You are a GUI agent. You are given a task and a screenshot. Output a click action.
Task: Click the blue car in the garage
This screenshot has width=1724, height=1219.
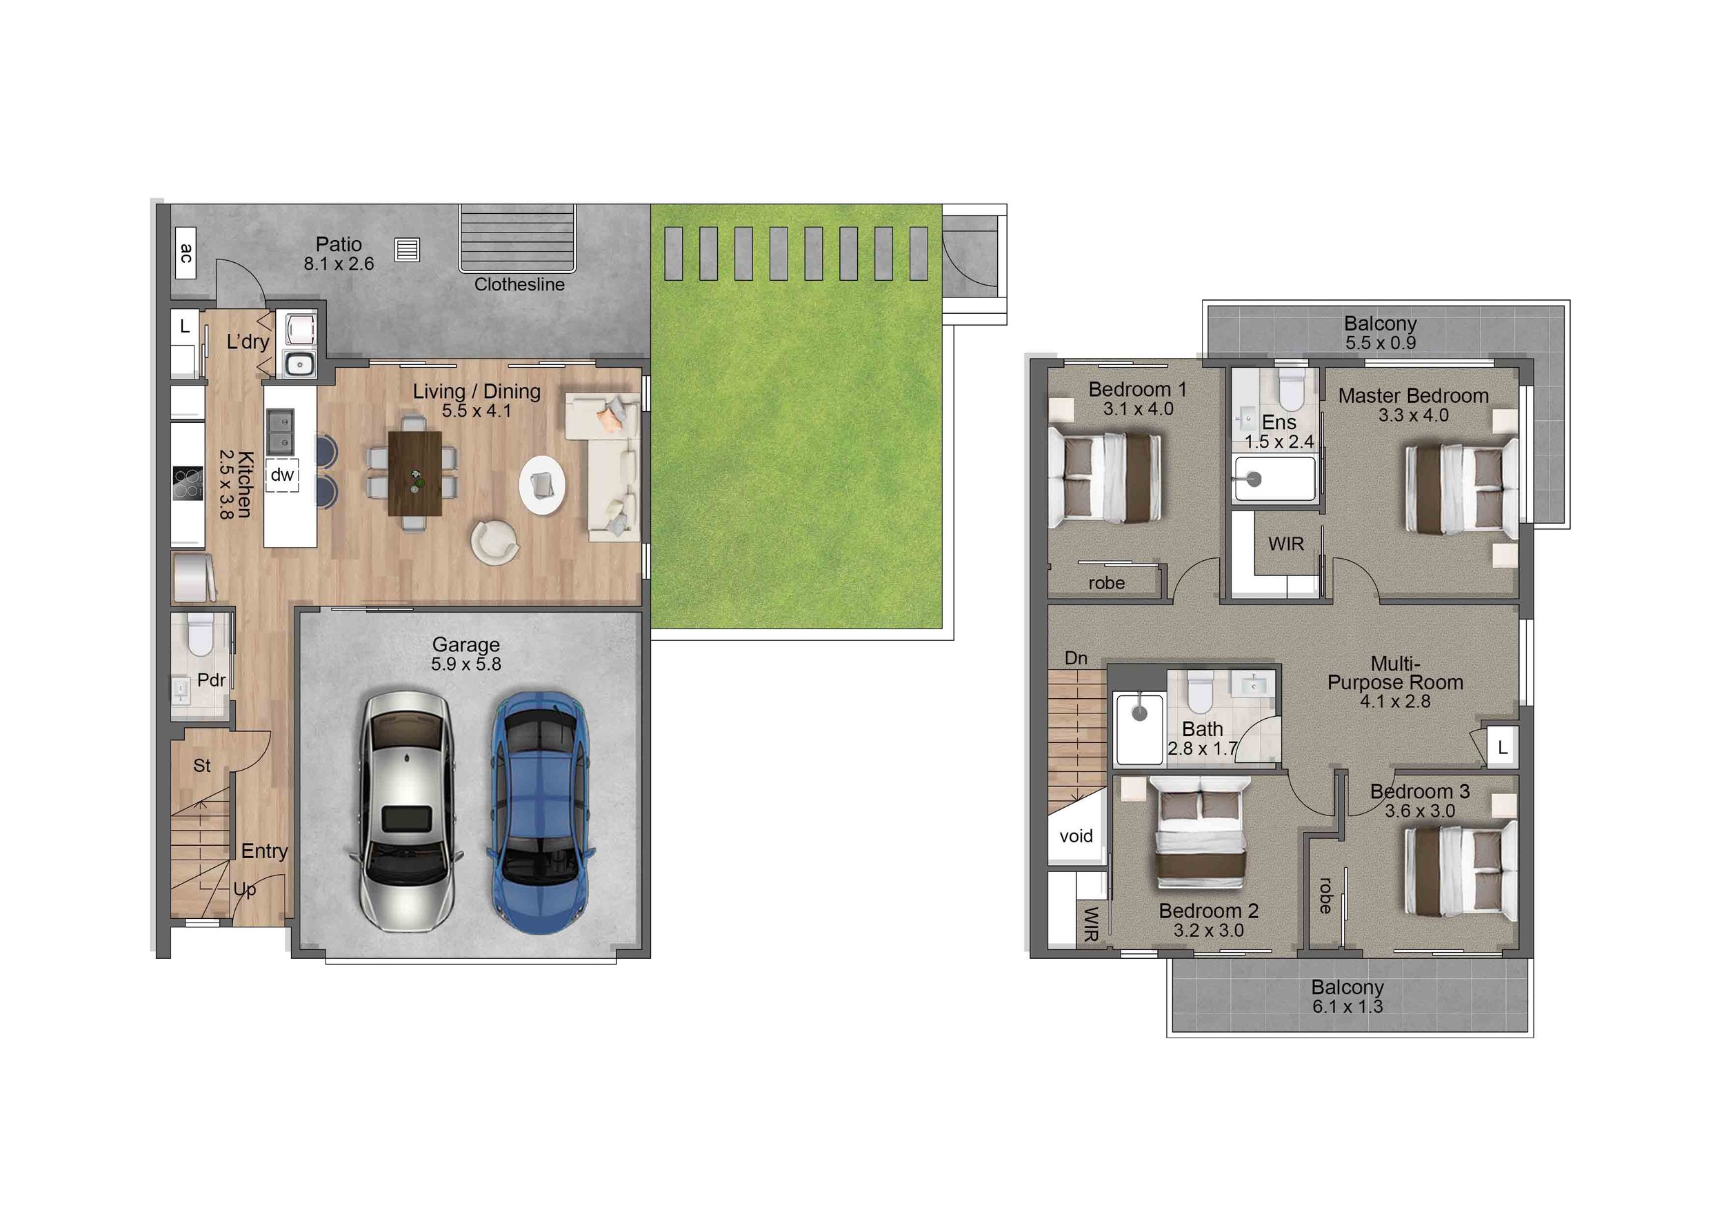539,812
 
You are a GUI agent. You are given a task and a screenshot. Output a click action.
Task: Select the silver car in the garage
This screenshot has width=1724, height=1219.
406,812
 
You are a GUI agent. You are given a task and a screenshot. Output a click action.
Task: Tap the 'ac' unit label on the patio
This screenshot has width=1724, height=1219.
186,252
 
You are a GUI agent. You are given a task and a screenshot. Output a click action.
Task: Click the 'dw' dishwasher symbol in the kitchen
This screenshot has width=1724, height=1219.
282,475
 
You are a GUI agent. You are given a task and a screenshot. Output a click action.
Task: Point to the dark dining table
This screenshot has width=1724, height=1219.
415,473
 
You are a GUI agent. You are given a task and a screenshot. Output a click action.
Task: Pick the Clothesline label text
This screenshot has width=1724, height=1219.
519,285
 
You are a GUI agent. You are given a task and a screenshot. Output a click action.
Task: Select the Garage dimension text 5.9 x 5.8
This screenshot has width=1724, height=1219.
465,664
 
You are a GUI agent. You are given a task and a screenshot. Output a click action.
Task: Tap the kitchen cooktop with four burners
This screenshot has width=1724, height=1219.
188,483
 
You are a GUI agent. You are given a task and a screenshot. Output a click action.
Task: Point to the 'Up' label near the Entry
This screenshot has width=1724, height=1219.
245,889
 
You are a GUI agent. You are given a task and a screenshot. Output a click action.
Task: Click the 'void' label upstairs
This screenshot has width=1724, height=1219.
1076,836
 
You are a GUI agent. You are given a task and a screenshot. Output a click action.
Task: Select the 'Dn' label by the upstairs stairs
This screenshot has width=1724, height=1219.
1076,658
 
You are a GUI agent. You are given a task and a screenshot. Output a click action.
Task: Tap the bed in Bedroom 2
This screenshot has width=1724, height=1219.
1201,833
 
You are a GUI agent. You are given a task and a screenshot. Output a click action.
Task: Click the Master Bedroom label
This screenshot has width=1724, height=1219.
1412,396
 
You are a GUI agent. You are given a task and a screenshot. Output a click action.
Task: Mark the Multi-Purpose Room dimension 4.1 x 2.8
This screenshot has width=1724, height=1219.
1395,702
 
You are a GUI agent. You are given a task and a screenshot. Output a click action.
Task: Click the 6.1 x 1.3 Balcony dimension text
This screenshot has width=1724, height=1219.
1347,1007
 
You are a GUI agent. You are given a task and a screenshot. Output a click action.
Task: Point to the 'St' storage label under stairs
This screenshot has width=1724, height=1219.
202,765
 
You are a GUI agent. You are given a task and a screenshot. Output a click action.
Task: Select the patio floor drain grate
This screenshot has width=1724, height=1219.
407,249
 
